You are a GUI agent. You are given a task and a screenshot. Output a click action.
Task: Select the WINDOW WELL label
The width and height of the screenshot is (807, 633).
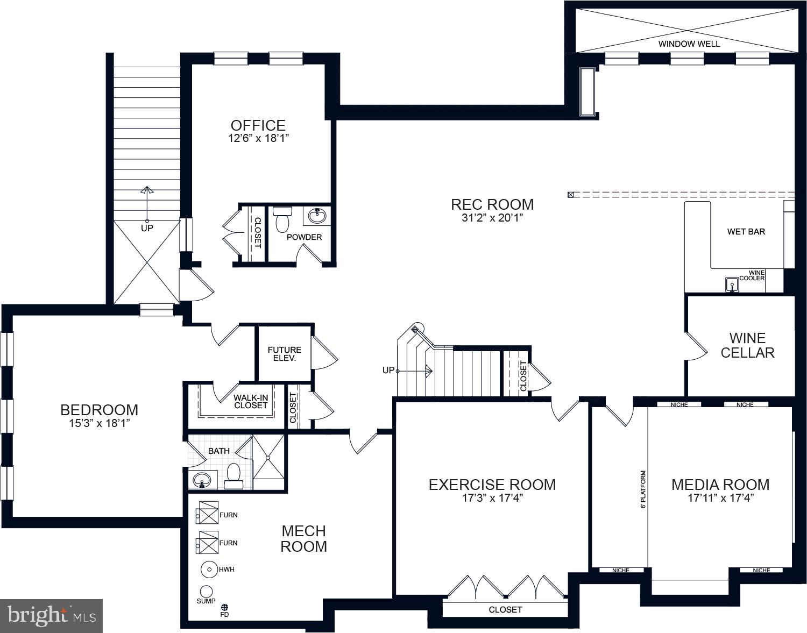coord(689,44)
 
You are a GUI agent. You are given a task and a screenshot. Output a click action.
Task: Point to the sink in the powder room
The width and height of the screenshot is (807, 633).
coord(317,216)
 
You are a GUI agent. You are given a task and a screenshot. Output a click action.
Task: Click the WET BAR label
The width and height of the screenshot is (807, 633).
coord(746,231)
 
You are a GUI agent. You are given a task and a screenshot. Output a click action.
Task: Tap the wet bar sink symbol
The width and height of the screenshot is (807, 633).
coord(732,283)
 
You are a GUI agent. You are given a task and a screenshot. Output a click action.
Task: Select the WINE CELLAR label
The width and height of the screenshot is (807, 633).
coord(747,345)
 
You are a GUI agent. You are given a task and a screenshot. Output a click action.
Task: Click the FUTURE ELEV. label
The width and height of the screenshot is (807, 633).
coord(285,354)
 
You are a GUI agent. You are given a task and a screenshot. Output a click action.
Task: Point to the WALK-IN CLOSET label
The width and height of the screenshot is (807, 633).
coord(251,401)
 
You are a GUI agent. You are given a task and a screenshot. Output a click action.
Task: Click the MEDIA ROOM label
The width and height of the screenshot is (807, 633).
coord(720,485)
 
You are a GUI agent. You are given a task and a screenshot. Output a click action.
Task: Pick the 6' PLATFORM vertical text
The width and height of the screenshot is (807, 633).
coord(643,489)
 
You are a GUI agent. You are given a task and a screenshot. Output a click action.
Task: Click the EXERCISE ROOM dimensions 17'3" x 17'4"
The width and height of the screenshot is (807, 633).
coord(492,498)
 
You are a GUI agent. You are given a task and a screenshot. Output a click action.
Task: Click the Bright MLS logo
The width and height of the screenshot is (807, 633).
coord(52,615)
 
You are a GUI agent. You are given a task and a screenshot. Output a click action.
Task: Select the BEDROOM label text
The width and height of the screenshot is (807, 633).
coord(99,410)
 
